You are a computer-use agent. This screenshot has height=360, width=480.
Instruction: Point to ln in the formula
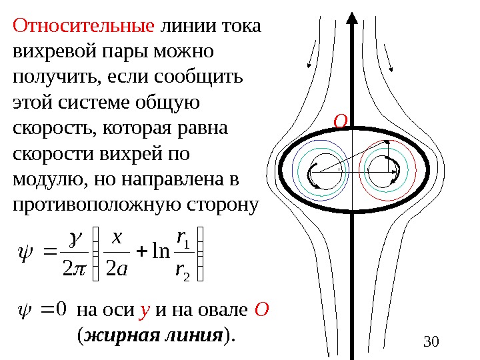pos(161,254)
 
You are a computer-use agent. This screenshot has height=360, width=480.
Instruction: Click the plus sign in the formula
pos(140,254)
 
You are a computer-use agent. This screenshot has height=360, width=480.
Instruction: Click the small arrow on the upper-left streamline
pos(309,63)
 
